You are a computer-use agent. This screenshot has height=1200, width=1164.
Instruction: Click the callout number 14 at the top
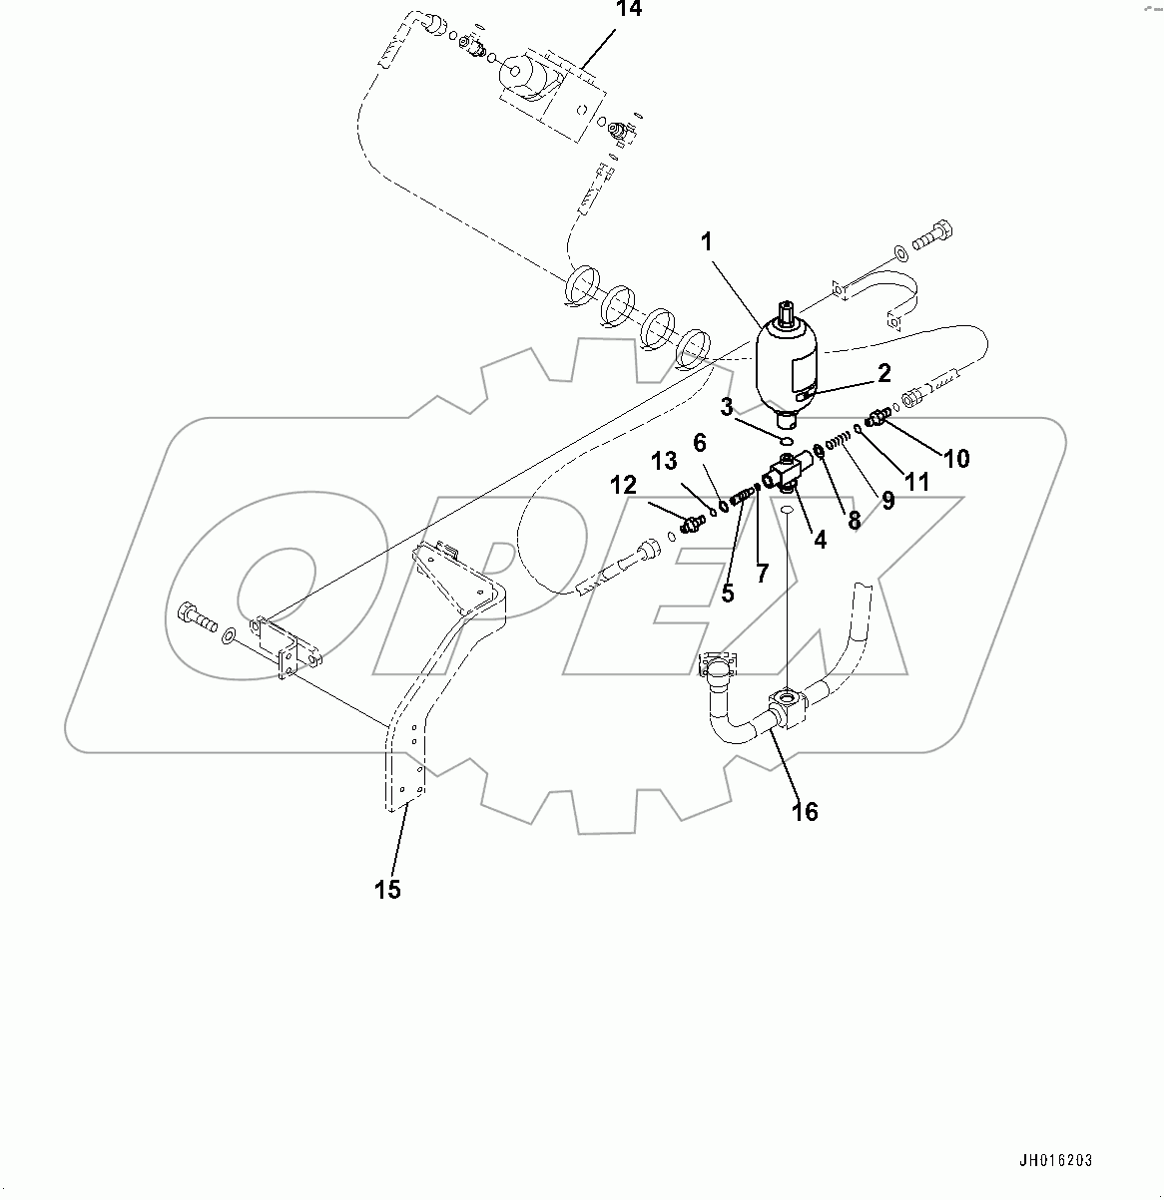(630, 9)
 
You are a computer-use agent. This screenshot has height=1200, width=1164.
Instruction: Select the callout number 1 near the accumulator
(706, 241)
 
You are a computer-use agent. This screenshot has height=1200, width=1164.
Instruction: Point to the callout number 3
(728, 407)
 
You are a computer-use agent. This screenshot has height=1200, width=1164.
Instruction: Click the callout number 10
(955, 459)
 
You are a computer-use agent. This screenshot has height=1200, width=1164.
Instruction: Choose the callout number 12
(623, 485)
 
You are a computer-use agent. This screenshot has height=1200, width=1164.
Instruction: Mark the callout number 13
(665, 461)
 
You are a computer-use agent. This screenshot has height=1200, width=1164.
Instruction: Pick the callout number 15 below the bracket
(387, 889)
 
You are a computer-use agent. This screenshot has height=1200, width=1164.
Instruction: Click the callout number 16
(805, 812)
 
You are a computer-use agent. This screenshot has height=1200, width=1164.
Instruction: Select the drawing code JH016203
(1055, 1161)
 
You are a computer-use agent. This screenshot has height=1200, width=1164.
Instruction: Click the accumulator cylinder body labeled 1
(787, 364)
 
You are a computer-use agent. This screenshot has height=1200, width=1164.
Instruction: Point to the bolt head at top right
(932, 232)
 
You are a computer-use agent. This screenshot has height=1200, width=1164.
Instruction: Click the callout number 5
(728, 593)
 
